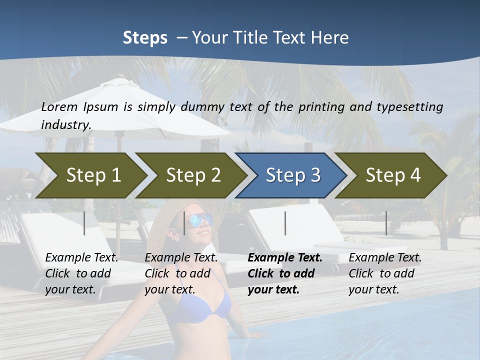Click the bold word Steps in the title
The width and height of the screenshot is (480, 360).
click(145, 38)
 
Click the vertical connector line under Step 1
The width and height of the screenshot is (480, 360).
click(84, 223)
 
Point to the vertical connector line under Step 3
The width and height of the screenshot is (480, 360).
click(285, 223)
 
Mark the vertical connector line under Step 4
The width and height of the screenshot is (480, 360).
click(386, 223)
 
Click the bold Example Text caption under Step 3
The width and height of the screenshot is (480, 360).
click(285, 273)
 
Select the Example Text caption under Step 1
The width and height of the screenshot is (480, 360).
click(81, 273)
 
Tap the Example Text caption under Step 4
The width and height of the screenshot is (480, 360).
click(385, 273)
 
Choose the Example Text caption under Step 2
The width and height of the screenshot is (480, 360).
click(181, 273)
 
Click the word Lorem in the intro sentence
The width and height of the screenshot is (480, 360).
click(59, 106)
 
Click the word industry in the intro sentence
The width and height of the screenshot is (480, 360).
click(65, 124)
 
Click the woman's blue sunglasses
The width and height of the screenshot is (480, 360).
click(199, 220)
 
